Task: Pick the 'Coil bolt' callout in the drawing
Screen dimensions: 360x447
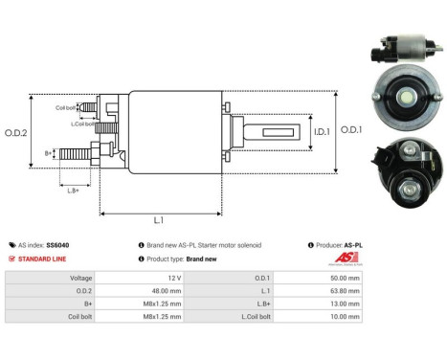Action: click(x=65, y=107)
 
